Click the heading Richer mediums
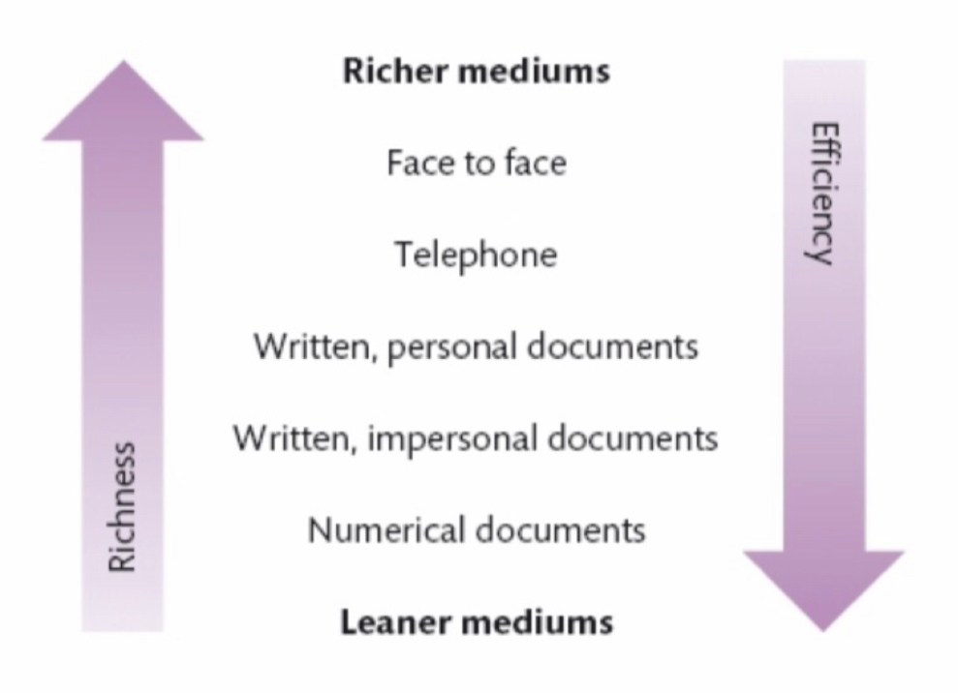(x=476, y=72)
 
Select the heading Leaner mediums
(x=476, y=620)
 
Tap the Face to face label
(x=476, y=163)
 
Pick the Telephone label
(x=476, y=255)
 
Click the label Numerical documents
(x=476, y=530)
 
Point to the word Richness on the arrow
(x=122, y=507)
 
